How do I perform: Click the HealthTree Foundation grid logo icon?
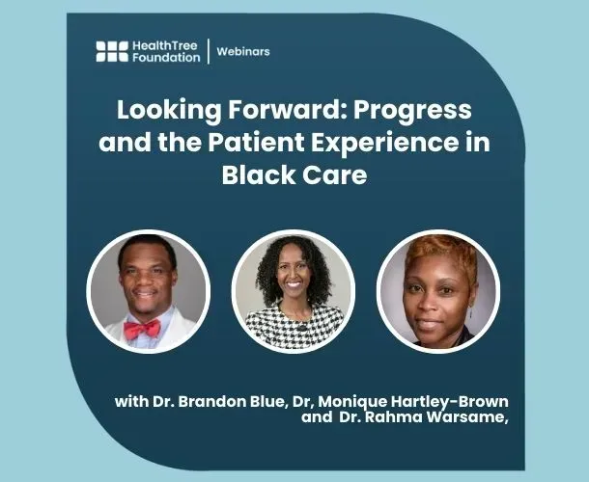pyautogui.click(x=112, y=51)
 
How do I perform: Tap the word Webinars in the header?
pyautogui.click(x=242, y=51)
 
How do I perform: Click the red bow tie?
pyautogui.click(x=141, y=329)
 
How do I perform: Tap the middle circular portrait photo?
pyautogui.click(x=294, y=289)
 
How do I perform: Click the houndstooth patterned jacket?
pyautogui.click(x=294, y=328)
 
